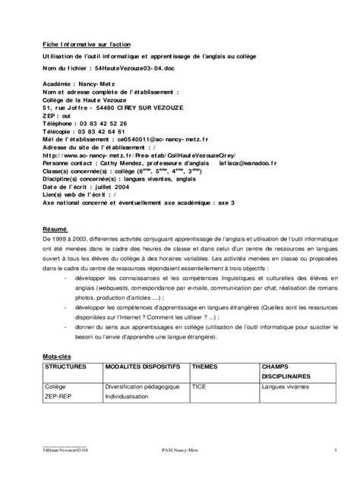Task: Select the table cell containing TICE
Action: pyautogui.click(x=199, y=386)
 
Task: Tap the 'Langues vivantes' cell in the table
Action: pyautogui.click(x=286, y=386)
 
